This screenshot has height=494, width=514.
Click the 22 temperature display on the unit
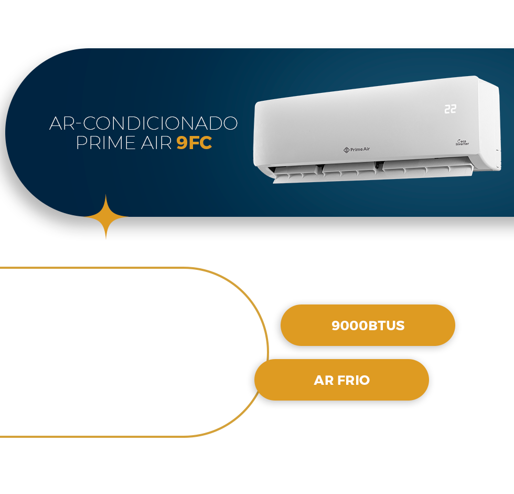(450, 109)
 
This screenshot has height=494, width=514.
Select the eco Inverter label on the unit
(462, 142)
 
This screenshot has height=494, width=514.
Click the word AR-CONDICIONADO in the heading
(143, 123)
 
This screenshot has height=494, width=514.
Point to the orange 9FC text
(194, 143)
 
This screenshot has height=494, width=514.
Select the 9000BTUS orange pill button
(368, 325)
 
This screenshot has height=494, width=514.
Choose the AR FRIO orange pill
(341, 380)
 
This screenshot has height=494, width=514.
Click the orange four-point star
(106, 216)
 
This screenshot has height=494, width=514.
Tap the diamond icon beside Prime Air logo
(346, 150)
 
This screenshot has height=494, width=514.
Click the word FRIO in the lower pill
(354, 380)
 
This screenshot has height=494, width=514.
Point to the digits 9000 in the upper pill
(349, 325)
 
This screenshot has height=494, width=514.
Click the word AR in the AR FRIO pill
(324, 380)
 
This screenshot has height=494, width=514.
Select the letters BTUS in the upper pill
(387, 325)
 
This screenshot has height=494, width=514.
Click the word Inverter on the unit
(462, 144)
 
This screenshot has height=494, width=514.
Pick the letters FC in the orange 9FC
(201, 143)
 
